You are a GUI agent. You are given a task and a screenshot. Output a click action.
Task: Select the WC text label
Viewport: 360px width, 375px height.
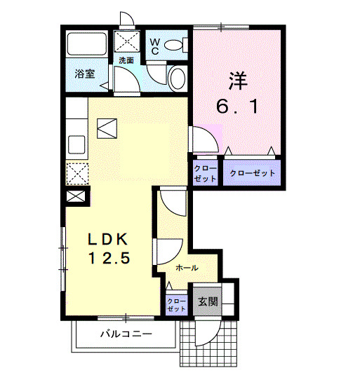click(154, 46)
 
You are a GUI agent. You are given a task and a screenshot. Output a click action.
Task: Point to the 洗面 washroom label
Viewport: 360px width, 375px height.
click(126, 60)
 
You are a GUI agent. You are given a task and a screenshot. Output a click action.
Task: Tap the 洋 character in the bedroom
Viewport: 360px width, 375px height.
click(236, 81)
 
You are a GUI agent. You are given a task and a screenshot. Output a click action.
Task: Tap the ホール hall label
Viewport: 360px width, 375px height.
click(187, 268)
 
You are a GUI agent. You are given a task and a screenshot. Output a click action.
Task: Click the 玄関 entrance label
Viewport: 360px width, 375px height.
click(207, 302)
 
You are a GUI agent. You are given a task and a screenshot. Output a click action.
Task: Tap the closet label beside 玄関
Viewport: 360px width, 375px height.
click(177, 305)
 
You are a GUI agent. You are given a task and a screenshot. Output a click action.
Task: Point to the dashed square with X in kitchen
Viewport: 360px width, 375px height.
click(76, 172)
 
